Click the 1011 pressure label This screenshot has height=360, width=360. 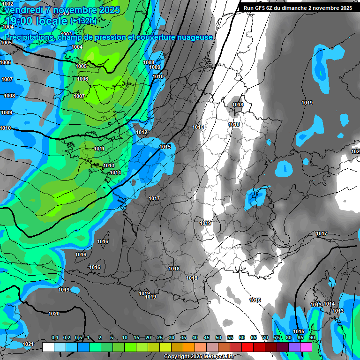click(99, 149)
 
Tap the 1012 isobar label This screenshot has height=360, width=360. click(142, 133)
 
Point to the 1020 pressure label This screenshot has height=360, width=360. click(54, 314)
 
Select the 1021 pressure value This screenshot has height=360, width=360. click(28, 344)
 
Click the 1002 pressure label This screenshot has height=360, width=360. click(8, 4)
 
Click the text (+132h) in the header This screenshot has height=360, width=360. click(83, 21)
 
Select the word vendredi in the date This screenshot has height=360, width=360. click(22, 9)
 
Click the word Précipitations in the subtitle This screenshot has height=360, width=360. click(28, 37)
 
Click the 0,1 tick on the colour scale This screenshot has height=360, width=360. click(54, 338)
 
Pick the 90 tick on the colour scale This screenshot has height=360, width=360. click(312, 338)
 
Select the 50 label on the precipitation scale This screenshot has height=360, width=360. click(218, 338)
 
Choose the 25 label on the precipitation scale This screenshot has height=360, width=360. click(160, 338)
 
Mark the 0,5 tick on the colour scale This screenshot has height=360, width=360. click(78, 338)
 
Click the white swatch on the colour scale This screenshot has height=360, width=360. click(48, 347)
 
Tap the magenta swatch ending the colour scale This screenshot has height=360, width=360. click(306, 347)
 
